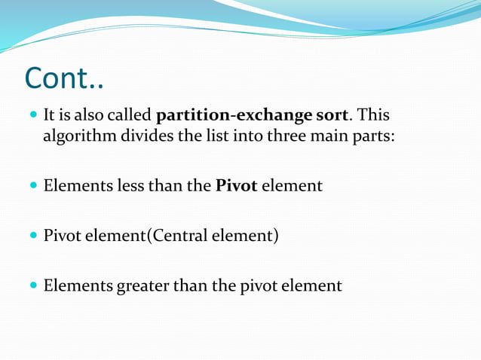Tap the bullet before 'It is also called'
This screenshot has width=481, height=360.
tap(32, 117)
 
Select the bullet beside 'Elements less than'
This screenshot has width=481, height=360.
tap(32, 185)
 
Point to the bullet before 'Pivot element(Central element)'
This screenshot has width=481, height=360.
tap(32, 236)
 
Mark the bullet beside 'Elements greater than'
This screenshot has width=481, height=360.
tap(32, 286)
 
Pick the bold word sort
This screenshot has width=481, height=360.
tap(331, 117)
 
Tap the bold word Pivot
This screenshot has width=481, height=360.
tap(236, 185)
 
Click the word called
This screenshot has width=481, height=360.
tap(132, 117)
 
